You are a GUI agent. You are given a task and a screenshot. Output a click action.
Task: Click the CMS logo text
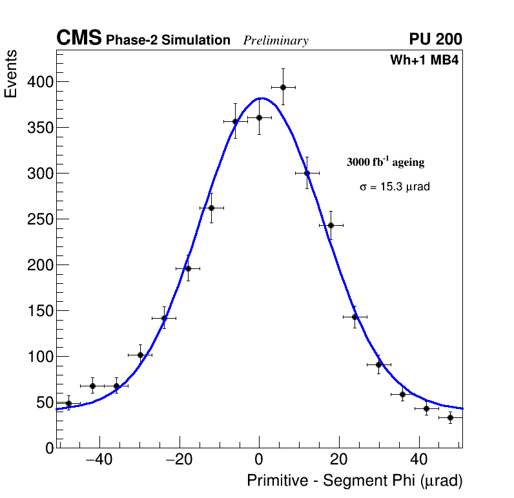[x=79, y=39]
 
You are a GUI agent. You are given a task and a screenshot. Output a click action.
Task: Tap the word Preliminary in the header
[x=276, y=41]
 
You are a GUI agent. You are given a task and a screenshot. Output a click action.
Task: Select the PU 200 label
[x=435, y=39]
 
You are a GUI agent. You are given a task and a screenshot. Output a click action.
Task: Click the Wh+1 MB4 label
[x=424, y=60]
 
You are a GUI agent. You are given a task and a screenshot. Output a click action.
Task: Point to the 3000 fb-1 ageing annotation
[x=385, y=163]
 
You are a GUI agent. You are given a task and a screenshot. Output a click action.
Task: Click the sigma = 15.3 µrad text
[x=395, y=187]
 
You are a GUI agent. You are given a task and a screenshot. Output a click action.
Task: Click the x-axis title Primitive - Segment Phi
[x=355, y=481]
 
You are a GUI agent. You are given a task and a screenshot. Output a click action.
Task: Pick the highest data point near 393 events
[x=283, y=87]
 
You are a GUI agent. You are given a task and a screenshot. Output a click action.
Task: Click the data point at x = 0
[x=259, y=117]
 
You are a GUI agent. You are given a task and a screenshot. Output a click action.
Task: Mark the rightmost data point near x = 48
[x=450, y=417]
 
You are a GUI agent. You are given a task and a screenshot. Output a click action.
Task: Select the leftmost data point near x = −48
[x=68, y=403]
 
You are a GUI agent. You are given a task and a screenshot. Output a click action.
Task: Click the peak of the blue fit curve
[x=260, y=98]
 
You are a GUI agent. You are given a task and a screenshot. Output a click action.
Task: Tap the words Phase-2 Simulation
[x=168, y=41]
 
